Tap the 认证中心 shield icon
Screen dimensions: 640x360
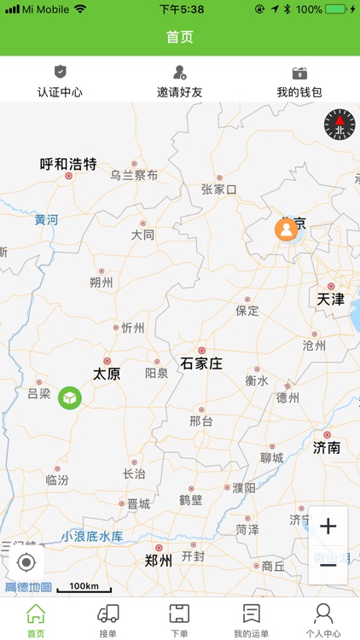click(x=60, y=73)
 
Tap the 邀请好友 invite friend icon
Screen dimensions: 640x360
click(x=179, y=73)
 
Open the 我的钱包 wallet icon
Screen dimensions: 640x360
click(x=299, y=73)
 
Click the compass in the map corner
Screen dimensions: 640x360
click(x=339, y=125)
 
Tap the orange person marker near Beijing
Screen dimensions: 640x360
click(x=286, y=229)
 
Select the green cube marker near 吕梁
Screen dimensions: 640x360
click(x=69, y=397)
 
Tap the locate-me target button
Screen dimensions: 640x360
click(x=26, y=562)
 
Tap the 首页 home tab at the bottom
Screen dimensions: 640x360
click(x=36, y=620)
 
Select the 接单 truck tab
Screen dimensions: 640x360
click(x=108, y=620)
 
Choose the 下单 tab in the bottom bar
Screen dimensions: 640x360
click(x=179, y=620)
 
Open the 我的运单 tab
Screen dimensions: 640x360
click(x=252, y=620)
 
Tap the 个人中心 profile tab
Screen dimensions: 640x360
click(x=323, y=620)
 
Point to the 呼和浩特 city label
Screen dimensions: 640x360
click(x=68, y=164)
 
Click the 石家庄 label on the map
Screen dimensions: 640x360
click(x=201, y=364)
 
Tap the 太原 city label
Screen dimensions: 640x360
click(x=107, y=373)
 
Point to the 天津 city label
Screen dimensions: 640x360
click(x=330, y=299)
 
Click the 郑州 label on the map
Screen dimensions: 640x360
click(x=159, y=561)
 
